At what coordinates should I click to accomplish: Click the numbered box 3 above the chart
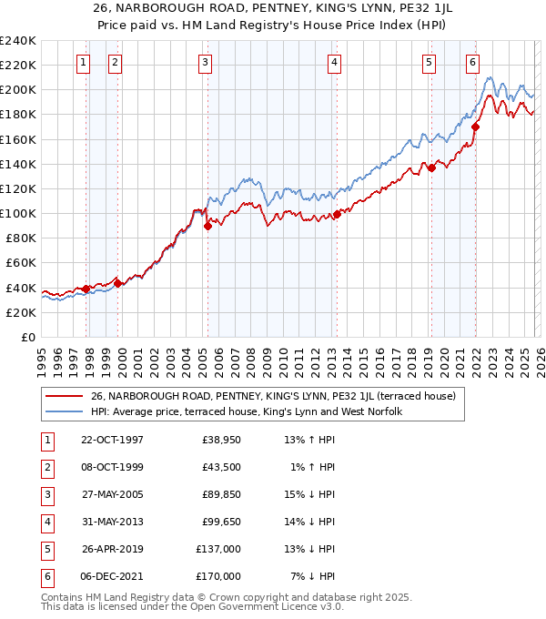(x=205, y=63)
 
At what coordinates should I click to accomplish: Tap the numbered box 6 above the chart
(x=473, y=63)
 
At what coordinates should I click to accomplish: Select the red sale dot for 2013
(x=336, y=215)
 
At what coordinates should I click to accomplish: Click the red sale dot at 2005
(x=207, y=227)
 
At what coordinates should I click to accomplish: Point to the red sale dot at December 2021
(x=476, y=127)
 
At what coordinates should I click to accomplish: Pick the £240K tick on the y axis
(x=18, y=41)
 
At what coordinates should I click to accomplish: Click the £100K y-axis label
(x=18, y=213)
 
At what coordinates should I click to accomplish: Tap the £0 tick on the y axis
(x=27, y=337)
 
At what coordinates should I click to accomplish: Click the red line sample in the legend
(x=64, y=397)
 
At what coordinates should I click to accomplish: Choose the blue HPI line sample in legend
(x=64, y=411)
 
